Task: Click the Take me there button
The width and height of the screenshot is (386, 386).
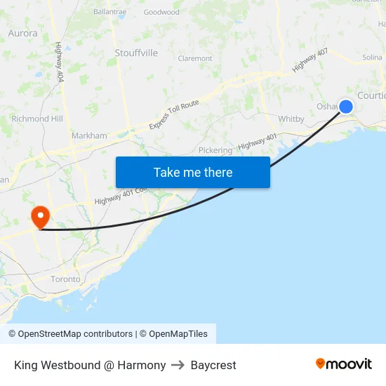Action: pos(193,173)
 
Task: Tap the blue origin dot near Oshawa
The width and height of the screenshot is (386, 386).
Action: pos(346,106)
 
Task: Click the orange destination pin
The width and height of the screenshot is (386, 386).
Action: pos(40,216)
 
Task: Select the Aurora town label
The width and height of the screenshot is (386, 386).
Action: pos(22,33)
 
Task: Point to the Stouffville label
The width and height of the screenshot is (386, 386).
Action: pos(136,53)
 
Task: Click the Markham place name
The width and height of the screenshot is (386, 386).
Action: pos(89,135)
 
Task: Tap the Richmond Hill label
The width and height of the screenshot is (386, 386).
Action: pos(36,119)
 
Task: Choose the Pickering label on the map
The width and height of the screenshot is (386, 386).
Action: pos(215,150)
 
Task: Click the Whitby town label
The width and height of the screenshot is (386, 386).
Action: pos(291,119)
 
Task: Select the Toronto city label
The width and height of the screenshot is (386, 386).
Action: pos(65,279)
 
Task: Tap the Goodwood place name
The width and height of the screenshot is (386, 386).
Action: pos(161,12)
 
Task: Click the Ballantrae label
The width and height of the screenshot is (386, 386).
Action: pos(109,12)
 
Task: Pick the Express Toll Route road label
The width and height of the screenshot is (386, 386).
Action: pos(174,114)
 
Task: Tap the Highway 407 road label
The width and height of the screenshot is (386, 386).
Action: pos(310,60)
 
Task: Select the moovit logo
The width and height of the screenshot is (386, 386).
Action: pos(344,364)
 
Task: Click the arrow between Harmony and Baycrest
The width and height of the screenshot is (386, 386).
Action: pos(178,365)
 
